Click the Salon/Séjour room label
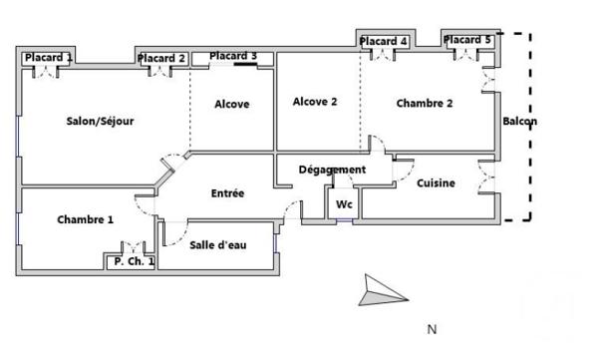click(100, 121)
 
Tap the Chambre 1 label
click(85, 219)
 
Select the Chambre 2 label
click(425, 103)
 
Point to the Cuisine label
click(436, 182)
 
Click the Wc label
click(344, 203)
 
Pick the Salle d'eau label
click(217, 245)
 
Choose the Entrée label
click(227, 192)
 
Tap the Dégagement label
click(332, 170)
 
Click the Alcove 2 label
click(315, 101)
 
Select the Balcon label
click(520, 123)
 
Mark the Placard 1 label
click(48, 58)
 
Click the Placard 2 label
click(162, 59)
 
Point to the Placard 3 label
click(233, 56)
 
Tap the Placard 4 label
click(385, 41)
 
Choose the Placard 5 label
click(467, 40)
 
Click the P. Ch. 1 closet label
click(134, 261)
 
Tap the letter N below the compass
click(432, 329)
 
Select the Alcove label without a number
click(231, 104)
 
